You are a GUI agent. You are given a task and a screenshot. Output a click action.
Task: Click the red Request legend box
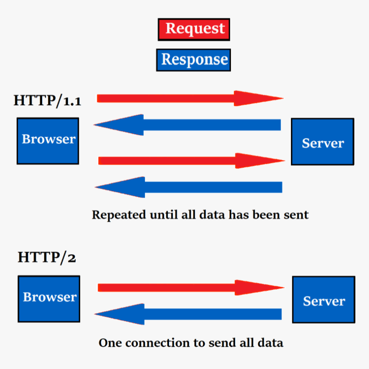click(194, 29)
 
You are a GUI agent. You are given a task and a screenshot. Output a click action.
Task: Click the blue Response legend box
click(194, 59)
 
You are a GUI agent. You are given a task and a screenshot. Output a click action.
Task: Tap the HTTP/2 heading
click(47, 257)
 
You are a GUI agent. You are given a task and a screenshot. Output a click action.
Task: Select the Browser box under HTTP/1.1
click(48, 141)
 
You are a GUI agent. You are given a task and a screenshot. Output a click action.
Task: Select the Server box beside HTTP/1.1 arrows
click(323, 142)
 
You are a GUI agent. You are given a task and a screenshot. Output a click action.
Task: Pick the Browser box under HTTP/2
click(49, 299)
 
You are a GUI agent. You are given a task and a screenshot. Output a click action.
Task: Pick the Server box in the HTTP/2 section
click(324, 300)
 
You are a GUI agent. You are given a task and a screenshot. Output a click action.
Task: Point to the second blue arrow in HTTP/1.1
click(189, 187)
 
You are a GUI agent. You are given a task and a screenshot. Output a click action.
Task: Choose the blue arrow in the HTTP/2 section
click(189, 314)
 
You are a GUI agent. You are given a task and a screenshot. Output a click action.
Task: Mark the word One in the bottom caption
click(108, 343)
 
